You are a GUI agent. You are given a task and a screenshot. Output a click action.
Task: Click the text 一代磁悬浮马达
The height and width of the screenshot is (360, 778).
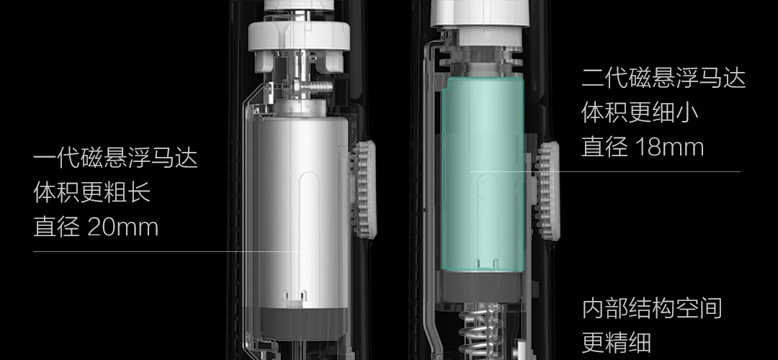click(x=115, y=158)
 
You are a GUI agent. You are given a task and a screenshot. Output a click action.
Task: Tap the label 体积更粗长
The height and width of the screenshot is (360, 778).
click(x=91, y=192)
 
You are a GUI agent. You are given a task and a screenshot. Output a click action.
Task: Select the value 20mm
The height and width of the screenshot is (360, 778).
click(x=123, y=227)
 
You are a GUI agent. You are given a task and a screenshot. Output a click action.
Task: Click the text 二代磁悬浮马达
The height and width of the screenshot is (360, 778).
click(x=663, y=78)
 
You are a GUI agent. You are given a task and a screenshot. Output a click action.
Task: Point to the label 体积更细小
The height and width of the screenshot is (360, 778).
click(x=640, y=112)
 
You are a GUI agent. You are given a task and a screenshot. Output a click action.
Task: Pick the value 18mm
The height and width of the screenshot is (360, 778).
click(x=669, y=148)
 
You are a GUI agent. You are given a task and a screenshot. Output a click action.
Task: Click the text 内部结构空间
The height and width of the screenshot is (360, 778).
click(x=651, y=308)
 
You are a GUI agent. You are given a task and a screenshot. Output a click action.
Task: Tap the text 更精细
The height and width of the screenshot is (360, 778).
click(x=616, y=342)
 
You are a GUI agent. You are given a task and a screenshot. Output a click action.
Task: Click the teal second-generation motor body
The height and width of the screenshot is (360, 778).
click(x=482, y=174)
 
